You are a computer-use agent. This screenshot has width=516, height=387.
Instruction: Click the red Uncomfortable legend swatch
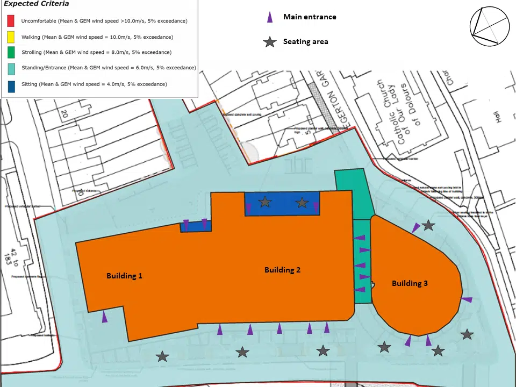(10, 21)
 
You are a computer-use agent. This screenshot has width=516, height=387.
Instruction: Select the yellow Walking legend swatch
(10, 37)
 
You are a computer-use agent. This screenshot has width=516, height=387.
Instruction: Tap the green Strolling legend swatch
(10, 53)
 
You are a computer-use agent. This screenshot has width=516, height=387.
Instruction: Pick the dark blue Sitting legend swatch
(10, 84)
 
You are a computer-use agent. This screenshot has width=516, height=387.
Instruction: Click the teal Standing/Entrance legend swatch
(10, 68)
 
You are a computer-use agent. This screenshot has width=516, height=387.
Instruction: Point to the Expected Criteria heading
(37, 4)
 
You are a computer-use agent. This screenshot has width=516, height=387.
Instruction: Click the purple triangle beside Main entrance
(270, 17)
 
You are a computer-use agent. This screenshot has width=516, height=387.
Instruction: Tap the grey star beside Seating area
(270, 42)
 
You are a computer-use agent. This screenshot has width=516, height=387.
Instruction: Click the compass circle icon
(489, 26)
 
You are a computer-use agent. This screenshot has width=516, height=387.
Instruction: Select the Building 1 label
(124, 276)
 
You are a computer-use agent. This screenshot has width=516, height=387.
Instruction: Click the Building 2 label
(282, 270)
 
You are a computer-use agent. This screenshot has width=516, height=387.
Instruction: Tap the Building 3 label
(410, 283)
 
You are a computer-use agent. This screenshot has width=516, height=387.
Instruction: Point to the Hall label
(498, 116)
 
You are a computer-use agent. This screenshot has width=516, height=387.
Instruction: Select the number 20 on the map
(64, 113)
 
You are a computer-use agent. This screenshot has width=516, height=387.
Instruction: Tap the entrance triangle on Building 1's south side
(105, 317)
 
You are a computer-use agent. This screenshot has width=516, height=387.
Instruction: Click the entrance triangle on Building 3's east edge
(467, 299)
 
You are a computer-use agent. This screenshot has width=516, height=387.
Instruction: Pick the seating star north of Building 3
(428, 225)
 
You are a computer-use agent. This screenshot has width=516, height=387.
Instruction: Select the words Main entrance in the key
(310, 17)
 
